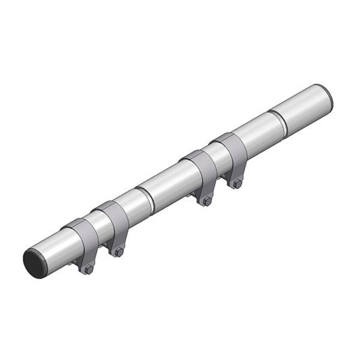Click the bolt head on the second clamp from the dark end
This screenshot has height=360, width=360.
pos(119,253)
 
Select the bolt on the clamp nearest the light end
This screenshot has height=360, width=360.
pos(238,184)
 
